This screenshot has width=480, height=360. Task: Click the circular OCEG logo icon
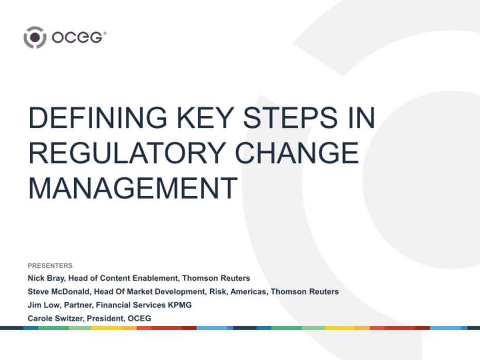(35, 38)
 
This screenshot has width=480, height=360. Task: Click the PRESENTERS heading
(50, 266)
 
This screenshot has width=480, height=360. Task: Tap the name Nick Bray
(45, 278)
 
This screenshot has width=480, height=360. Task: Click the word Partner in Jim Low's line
(79, 305)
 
